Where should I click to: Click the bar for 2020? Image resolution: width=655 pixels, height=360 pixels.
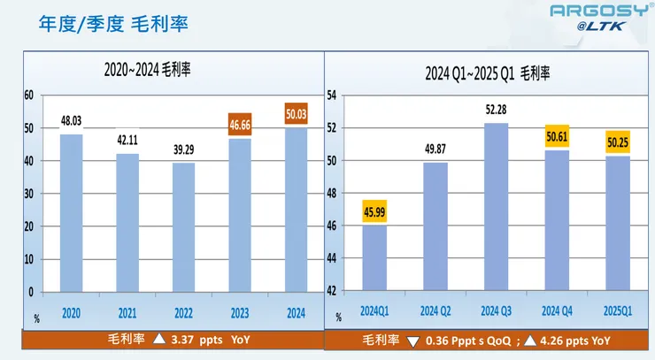point(72,212)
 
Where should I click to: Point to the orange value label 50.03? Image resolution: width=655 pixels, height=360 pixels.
point(295,114)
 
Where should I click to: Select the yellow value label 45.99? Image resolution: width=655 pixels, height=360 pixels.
point(374,212)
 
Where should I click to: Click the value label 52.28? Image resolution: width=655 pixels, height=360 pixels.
point(496,110)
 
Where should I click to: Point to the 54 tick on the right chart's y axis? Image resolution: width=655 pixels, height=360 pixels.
point(332,95)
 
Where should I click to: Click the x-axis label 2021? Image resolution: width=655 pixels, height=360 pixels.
point(127,312)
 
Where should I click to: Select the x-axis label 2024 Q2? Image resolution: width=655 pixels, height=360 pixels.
point(435,312)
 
